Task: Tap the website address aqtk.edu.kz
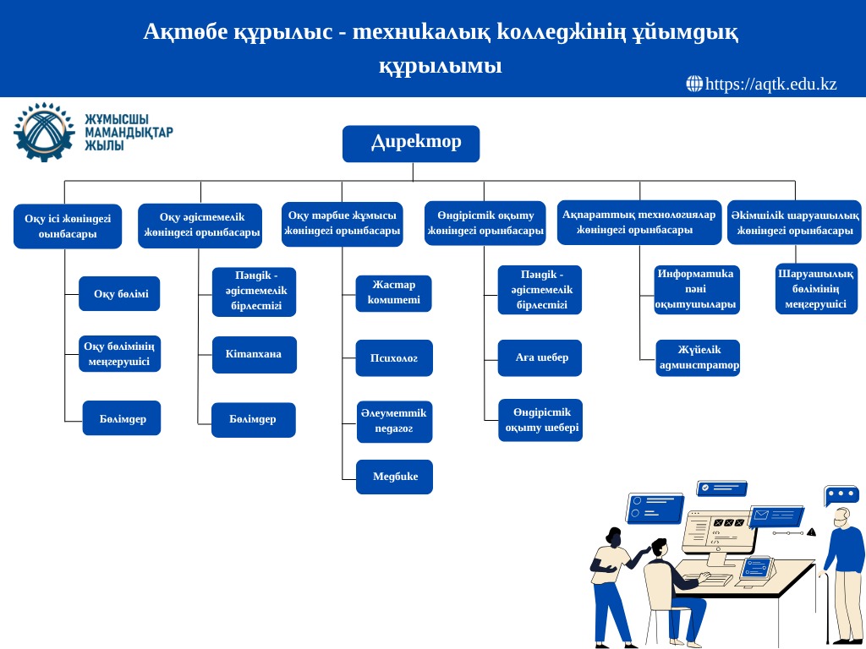point(770,84)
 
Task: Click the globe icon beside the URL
point(694,84)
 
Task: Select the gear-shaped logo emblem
point(44,132)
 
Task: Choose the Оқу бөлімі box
point(119,294)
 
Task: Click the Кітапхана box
point(254,354)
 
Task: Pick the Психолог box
point(394,358)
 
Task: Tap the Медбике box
point(394,477)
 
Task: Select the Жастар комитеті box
point(393,292)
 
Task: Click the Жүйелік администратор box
point(698,357)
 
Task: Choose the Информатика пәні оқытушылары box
point(696,289)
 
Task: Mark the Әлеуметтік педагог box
point(394,421)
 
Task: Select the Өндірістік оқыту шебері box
point(540,420)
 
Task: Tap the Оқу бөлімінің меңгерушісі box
point(119,354)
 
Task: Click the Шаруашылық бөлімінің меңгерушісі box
point(815,289)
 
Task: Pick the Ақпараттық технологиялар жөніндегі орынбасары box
point(639,222)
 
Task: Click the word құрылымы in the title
point(440,66)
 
